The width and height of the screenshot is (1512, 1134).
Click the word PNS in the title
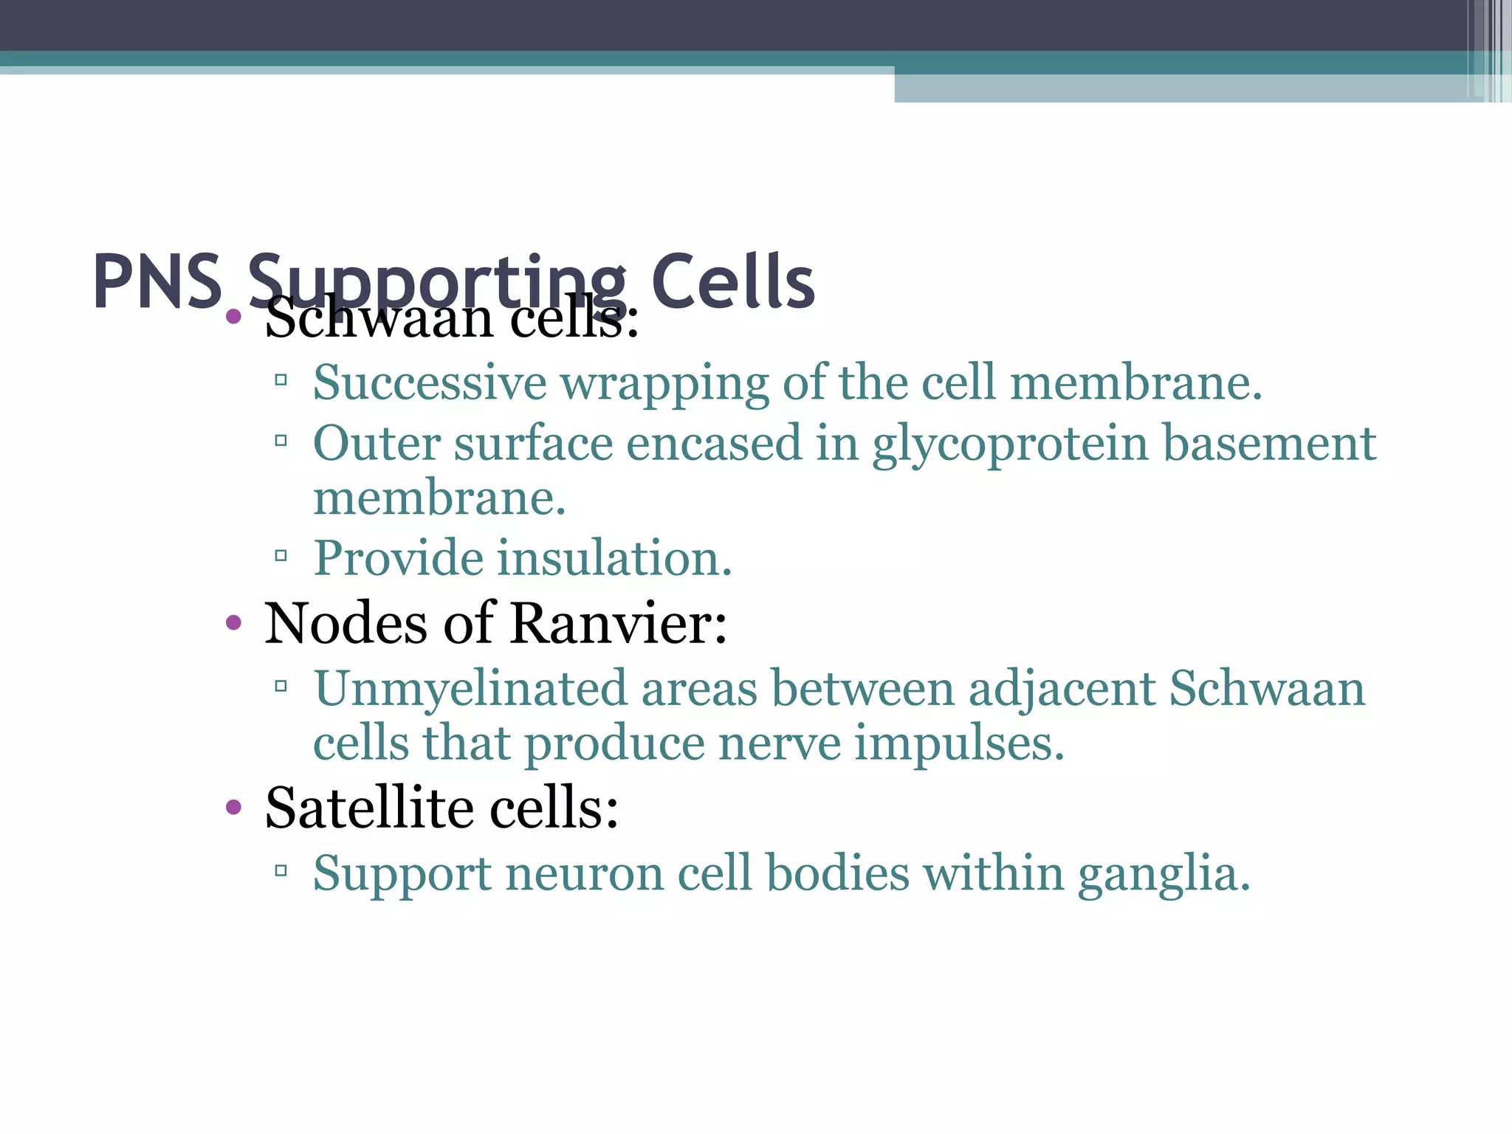click(x=157, y=281)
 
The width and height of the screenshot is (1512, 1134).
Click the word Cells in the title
click(x=732, y=281)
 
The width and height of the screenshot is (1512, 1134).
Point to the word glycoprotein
click(x=1010, y=445)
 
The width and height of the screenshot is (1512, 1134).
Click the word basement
click(x=1269, y=444)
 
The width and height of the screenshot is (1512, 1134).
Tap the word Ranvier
click(x=618, y=623)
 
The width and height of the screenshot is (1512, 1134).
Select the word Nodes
click(x=346, y=623)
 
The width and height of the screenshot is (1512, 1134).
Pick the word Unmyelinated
click(x=470, y=690)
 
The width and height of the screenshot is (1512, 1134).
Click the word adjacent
click(x=1062, y=690)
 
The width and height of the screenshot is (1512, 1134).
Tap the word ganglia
click(x=1164, y=875)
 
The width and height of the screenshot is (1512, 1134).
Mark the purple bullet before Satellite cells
click(x=233, y=808)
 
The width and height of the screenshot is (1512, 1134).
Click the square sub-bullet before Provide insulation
click(x=281, y=555)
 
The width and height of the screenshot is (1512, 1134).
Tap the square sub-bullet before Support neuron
click(x=281, y=871)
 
